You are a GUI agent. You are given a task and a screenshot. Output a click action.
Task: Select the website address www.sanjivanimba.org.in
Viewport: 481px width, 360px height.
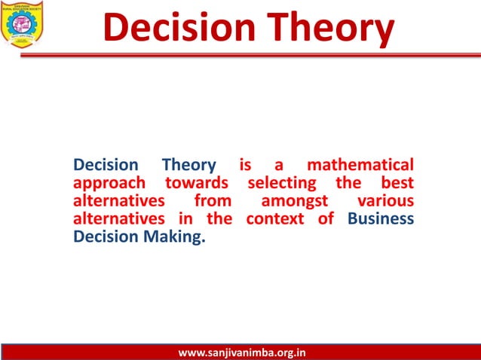pyautogui.click(x=241, y=352)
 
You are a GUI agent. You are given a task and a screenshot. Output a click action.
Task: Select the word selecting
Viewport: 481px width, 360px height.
pyautogui.click(x=280, y=183)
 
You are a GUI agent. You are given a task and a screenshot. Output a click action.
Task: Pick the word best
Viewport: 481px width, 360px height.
pyautogui.click(x=395, y=183)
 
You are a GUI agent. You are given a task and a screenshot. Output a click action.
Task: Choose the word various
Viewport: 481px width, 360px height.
pyautogui.click(x=385, y=201)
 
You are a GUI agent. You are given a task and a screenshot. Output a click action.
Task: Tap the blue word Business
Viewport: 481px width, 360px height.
pyautogui.click(x=381, y=219)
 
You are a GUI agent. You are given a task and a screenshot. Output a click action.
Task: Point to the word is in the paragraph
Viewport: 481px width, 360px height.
pyautogui.click(x=245, y=165)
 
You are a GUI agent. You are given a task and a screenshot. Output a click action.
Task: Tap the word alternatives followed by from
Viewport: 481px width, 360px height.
pyautogui.click(x=119, y=201)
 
